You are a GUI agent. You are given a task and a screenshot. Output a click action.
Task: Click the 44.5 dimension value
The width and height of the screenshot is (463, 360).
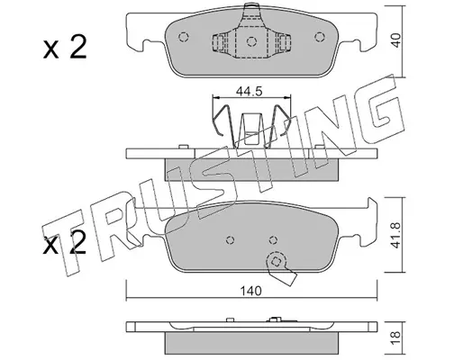click(x=249, y=91)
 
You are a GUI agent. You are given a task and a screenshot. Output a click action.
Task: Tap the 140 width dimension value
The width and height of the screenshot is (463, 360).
click(x=250, y=291)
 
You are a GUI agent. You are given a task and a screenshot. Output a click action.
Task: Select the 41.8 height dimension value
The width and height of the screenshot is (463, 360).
click(x=396, y=235)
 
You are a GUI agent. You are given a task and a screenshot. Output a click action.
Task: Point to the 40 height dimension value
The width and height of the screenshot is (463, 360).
click(x=396, y=40)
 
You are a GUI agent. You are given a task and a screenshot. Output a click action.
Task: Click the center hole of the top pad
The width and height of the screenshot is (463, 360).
click(x=251, y=41)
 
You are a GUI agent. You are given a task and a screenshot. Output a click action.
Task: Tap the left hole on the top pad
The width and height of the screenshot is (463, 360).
click(x=183, y=37)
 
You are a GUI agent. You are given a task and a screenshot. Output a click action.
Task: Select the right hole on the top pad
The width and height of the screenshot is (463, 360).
click(x=320, y=37)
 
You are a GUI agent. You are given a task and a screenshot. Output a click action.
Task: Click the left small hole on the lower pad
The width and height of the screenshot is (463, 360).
click(x=231, y=240)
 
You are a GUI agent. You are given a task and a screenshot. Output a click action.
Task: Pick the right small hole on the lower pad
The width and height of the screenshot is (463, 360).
click(x=273, y=240)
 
